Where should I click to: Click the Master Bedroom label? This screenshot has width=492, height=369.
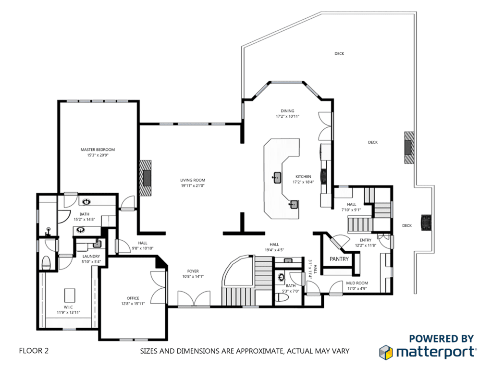(98, 150)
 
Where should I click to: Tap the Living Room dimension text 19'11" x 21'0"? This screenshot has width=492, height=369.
(192, 185)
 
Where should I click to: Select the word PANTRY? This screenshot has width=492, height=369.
(339, 259)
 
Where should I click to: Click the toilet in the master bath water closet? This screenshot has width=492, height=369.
(46, 263)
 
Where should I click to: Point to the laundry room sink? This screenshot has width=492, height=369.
(97, 244)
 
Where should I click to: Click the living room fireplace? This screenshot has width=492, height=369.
(145, 178)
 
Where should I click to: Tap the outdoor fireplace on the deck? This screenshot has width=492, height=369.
(409, 147)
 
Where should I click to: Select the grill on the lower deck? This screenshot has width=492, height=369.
(426, 222)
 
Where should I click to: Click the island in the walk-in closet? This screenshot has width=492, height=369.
(70, 295)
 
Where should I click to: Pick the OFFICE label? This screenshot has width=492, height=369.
(133, 298)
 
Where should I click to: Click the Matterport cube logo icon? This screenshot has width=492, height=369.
(386, 352)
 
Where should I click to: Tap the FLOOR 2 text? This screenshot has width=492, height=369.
(34, 350)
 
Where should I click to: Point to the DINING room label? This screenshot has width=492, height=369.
(287, 111)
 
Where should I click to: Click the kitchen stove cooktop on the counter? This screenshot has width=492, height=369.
(323, 176)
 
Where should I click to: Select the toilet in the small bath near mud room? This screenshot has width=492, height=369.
(281, 297)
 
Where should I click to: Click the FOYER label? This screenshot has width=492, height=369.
(193, 271)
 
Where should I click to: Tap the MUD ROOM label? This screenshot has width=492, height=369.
(357, 283)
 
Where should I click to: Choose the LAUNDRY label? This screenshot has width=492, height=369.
(91, 257)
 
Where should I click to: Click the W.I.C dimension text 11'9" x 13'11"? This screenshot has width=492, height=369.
(68, 312)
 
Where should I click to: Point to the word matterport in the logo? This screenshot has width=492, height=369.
(435, 352)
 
